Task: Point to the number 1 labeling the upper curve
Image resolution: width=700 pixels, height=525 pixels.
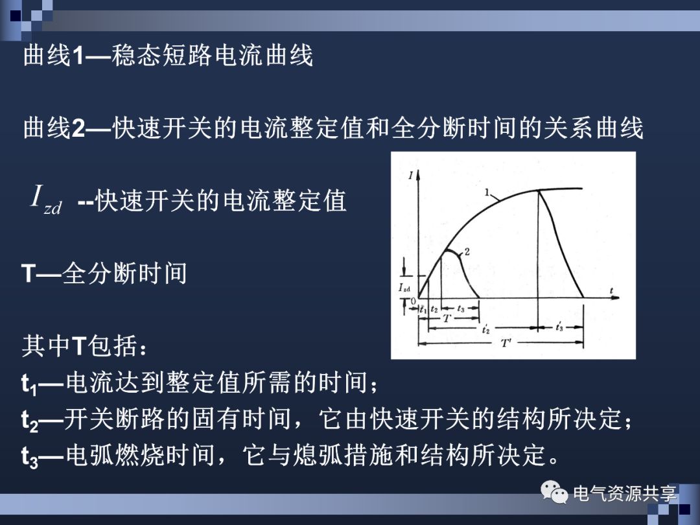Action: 487,192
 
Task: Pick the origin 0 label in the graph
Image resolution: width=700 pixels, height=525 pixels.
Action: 412,301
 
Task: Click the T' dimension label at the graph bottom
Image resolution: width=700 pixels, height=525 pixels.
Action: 506,344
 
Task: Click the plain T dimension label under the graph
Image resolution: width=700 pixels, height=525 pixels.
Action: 447,319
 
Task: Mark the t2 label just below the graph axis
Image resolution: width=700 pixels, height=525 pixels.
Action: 434,310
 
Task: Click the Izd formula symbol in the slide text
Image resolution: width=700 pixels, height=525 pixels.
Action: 45,198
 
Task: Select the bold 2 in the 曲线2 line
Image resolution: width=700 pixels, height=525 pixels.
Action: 78,129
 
